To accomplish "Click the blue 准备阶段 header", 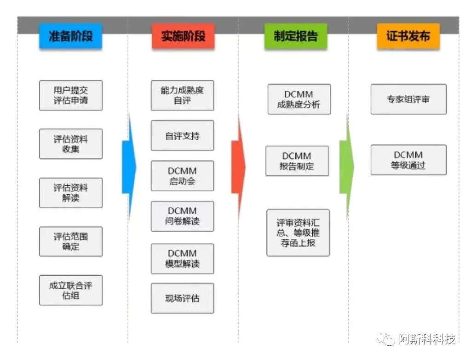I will pos(70,36).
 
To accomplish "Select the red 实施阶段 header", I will pos(183,36).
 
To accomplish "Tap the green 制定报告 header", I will pos(295,36).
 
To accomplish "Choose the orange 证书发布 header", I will pos(408,36).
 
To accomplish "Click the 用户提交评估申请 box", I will pos(71,95).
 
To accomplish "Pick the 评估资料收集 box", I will pos(71,144).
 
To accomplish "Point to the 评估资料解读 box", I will pos(71,192).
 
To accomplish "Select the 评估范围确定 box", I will pos(71,241).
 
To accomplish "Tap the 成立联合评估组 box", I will pos(71,290).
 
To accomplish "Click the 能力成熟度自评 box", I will pos(182,95).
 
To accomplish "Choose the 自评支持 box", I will pos(182,135).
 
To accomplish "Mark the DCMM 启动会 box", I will pos(182,175).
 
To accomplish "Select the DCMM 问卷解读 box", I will pos(182,216).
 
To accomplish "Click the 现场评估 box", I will pos(182,298).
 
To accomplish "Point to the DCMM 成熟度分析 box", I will pos(299,99).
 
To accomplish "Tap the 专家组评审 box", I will pos(408,99).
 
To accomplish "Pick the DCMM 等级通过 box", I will pos(408,160).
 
